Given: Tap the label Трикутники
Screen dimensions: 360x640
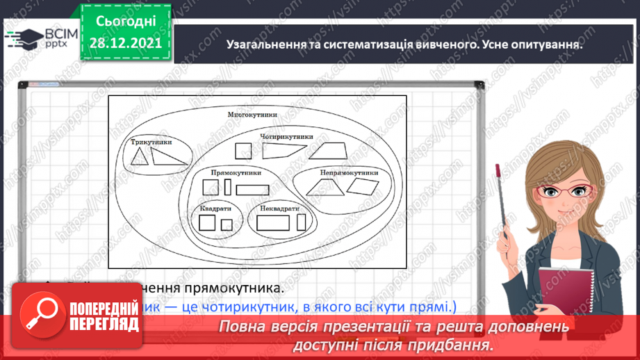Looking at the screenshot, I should point(151,142).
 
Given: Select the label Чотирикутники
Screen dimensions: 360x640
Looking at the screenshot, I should point(283,136).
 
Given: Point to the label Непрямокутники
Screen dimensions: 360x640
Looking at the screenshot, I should point(349,172).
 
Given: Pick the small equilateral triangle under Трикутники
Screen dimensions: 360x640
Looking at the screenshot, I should point(140,158).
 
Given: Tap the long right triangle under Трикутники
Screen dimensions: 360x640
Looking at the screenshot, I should point(167,157).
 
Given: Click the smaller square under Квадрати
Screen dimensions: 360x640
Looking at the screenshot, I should point(227,224).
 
